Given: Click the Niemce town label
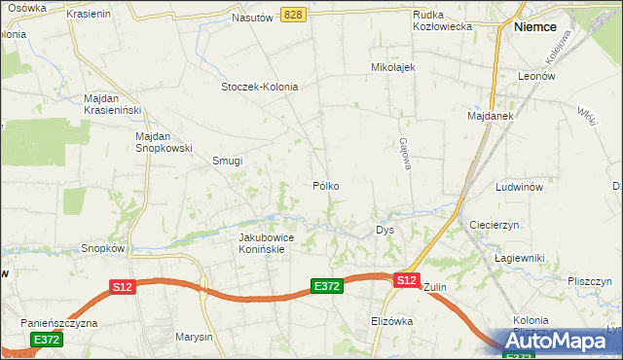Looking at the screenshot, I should [534, 28].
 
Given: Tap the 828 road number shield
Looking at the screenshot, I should [295, 15].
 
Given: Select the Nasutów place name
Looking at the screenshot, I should [252, 18].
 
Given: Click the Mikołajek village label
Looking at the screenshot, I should [393, 67].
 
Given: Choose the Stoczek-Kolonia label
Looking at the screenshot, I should [259, 87].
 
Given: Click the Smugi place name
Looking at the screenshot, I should [227, 162].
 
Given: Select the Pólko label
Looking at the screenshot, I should [326, 185].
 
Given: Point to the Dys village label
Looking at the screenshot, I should [385, 231].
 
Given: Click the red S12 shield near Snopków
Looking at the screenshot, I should [122, 287].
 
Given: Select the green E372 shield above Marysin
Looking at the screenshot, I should [326, 285].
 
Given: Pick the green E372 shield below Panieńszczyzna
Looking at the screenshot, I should [46, 340].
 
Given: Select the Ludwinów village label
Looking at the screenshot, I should [518, 186].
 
